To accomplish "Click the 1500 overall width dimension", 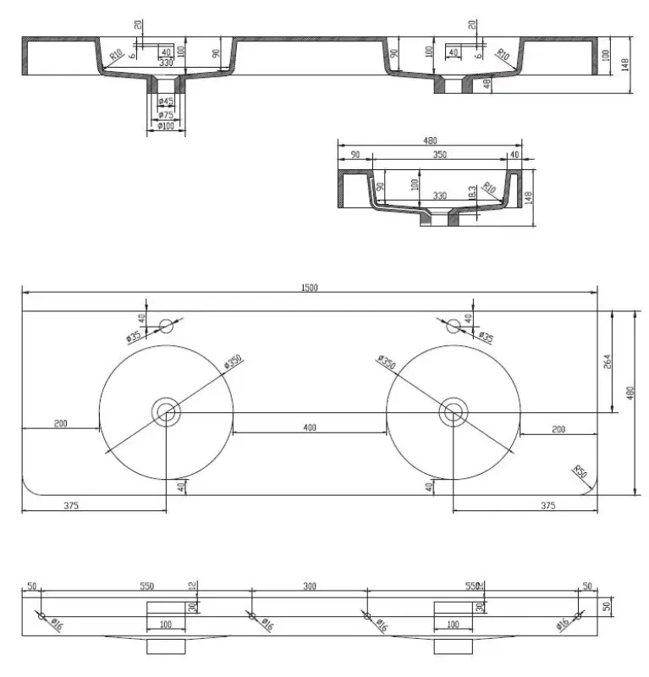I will click(x=310, y=289).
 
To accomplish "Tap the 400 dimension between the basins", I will click(x=310, y=428).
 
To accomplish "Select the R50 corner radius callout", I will click(x=580, y=471).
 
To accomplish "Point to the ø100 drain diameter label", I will click(x=166, y=126).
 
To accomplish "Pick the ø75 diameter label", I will click(x=166, y=114).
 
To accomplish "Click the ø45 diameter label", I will click(x=166, y=102).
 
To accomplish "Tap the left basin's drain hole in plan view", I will click(x=166, y=413).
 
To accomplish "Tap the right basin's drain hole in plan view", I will click(x=454, y=413).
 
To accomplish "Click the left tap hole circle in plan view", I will click(x=166, y=324).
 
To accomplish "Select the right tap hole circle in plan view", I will click(x=454, y=324).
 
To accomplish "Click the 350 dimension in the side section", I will click(x=439, y=156).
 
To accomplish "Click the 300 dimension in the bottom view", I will click(x=310, y=586).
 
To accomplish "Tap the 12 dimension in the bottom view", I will click(x=192, y=586).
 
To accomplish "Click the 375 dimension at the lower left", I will click(x=70, y=506).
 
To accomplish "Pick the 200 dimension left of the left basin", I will click(x=61, y=424).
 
